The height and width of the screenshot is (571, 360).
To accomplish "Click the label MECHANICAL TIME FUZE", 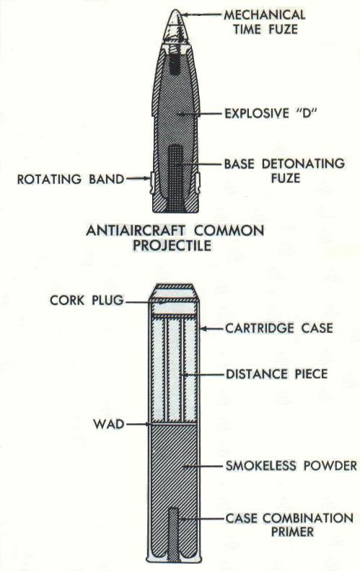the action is (x=265, y=22).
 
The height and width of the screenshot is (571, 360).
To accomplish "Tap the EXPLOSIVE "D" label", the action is (x=270, y=113).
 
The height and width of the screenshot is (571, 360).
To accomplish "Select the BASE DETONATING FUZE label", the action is (x=284, y=170).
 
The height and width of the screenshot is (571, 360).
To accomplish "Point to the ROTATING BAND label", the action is (x=71, y=180).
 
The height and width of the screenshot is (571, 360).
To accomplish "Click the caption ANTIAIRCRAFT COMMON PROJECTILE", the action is (x=175, y=238).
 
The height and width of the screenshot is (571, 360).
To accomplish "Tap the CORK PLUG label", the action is (x=87, y=301).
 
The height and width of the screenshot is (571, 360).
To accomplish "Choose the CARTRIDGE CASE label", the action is (x=279, y=328).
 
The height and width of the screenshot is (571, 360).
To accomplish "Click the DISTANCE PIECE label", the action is (x=277, y=374).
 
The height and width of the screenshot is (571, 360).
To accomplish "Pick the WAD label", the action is (x=109, y=424).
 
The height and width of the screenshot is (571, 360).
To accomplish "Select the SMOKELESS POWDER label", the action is (x=291, y=466).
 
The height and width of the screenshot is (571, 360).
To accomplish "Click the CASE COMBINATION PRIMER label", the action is (x=290, y=525).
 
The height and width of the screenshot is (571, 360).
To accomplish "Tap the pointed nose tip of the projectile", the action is (x=175, y=11).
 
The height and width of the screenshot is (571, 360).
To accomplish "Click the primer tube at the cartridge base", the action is (x=175, y=534).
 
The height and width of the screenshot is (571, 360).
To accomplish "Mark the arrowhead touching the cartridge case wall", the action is (x=203, y=329).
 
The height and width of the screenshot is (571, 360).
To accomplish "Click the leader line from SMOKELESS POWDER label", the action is (x=203, y=466).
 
